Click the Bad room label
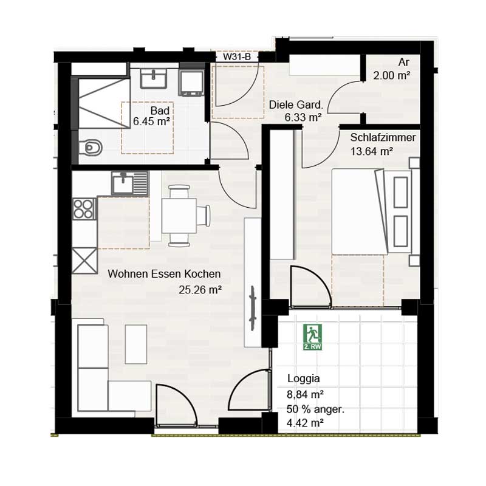point(160,111)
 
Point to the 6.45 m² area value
point(151,121)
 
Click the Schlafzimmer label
point(383,138)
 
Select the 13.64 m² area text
point(371,152)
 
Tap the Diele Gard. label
point(295,104)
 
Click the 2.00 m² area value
point(392,76)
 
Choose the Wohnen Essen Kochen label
point(164,274)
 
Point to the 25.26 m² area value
point(200,290)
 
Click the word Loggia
point(303,379)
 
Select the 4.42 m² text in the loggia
point(305,423)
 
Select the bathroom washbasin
point(157,78)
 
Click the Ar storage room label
point(403,63)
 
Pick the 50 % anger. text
point(316,409)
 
